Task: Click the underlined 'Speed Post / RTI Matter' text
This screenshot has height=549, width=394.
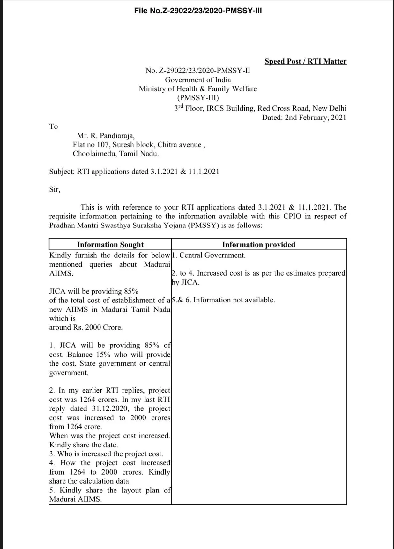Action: click(305, 61)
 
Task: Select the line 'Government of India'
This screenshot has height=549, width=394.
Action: click(198, 80)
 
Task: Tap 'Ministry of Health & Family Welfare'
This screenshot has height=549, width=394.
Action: click(198, 89)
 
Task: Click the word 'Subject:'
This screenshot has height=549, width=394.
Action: click(62, 172)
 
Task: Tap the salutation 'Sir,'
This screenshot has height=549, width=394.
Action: click(55, 189)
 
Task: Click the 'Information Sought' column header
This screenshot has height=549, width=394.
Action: click(110, 245)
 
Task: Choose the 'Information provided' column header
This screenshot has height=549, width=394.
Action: click(258, 245)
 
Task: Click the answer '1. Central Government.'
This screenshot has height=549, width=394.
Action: click(209, 255)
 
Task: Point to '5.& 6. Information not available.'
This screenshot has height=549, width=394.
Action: click(223, 300)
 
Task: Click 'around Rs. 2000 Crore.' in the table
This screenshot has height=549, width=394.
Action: click(86, 327)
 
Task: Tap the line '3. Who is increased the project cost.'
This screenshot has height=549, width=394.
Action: click(106, 454)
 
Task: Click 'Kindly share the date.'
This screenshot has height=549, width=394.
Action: click(84, 445)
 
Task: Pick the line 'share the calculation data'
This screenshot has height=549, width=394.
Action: click(89, 481)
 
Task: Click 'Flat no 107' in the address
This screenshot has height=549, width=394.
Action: click(91, 145)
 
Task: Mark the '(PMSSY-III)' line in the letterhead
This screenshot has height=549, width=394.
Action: click(198, 98)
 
